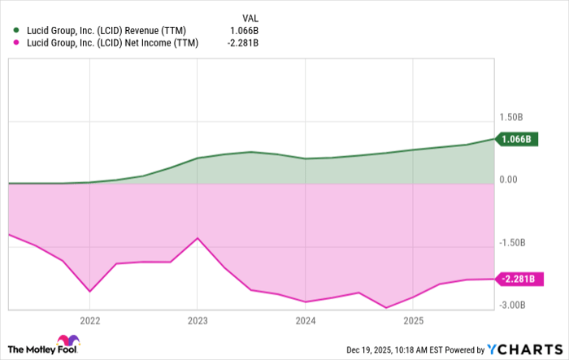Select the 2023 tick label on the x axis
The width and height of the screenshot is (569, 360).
point(197,319)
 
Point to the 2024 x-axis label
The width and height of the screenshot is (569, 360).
point(305,319)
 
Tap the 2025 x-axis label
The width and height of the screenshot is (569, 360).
point(413,319)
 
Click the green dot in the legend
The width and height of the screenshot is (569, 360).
point(15,31)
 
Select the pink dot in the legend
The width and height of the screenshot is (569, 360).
point(15,44)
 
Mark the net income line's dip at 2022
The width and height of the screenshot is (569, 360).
point(89,291)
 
